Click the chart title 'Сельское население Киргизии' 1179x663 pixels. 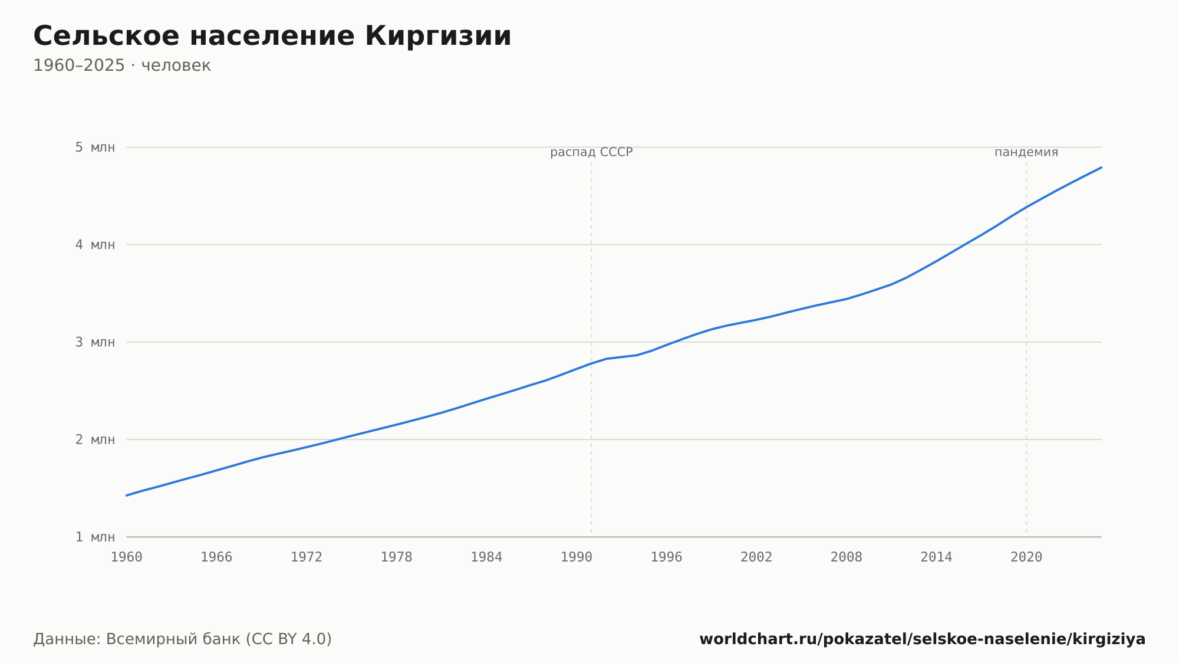point(272,37)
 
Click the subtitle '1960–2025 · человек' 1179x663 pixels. point(122,65)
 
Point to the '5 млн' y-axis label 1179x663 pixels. point(95,147)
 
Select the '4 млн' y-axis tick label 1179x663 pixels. point(95,245)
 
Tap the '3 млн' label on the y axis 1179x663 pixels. point(95,342)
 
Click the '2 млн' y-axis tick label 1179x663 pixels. point(95,439)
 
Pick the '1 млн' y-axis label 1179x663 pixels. point(95,537)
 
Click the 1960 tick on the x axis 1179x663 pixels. point(127,557)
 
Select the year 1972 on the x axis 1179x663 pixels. point(307,557)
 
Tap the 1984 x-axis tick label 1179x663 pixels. point(486,557)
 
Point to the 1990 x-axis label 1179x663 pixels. point(577,557)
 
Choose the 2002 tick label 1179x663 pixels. point(756,557)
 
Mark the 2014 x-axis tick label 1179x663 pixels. point(936,557)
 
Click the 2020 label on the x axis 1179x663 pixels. point(1026,557)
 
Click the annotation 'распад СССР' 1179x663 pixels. point(591,152)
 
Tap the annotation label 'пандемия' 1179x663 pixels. point(1026,152)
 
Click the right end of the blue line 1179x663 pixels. point(1101,168)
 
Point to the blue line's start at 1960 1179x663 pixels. point(127,495)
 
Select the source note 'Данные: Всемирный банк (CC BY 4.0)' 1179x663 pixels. point(183,639)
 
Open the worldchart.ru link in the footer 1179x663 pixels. point(923,639)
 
